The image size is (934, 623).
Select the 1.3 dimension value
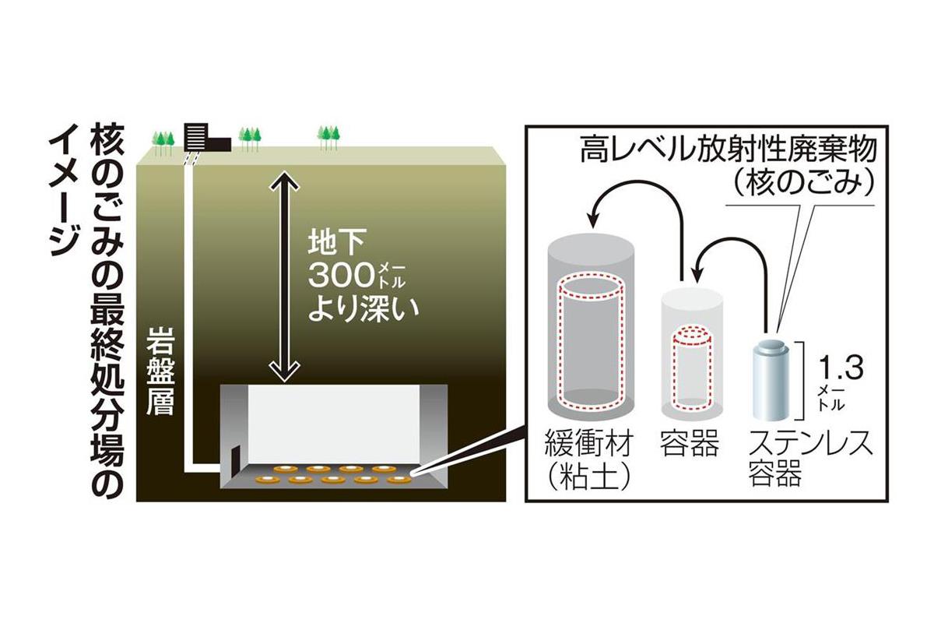(x=840, y=368)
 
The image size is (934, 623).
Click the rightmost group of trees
(x=329, y=137)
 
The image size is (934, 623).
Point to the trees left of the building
(x=163, y=140)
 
